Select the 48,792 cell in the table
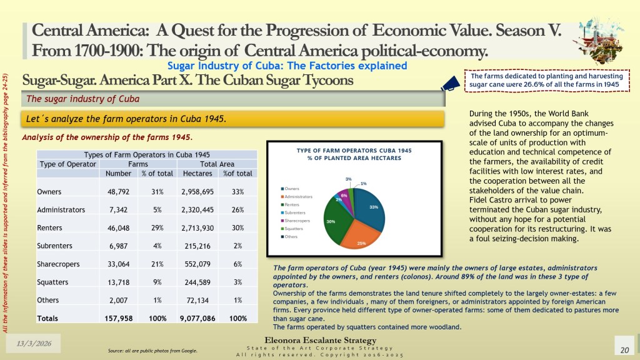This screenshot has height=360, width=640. pyautogui.click(x=118, y=191)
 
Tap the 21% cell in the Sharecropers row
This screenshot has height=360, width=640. pyautogui.click(x=157, y=263)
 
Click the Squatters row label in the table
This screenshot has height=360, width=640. pyautogui.click(x=52, y=281)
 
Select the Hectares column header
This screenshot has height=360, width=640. pyautogui.click(x=197, y=174)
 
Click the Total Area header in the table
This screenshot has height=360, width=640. pyautogui.click(x=217, y=164)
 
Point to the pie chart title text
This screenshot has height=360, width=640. pyautogui.click(x=354, y=154)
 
